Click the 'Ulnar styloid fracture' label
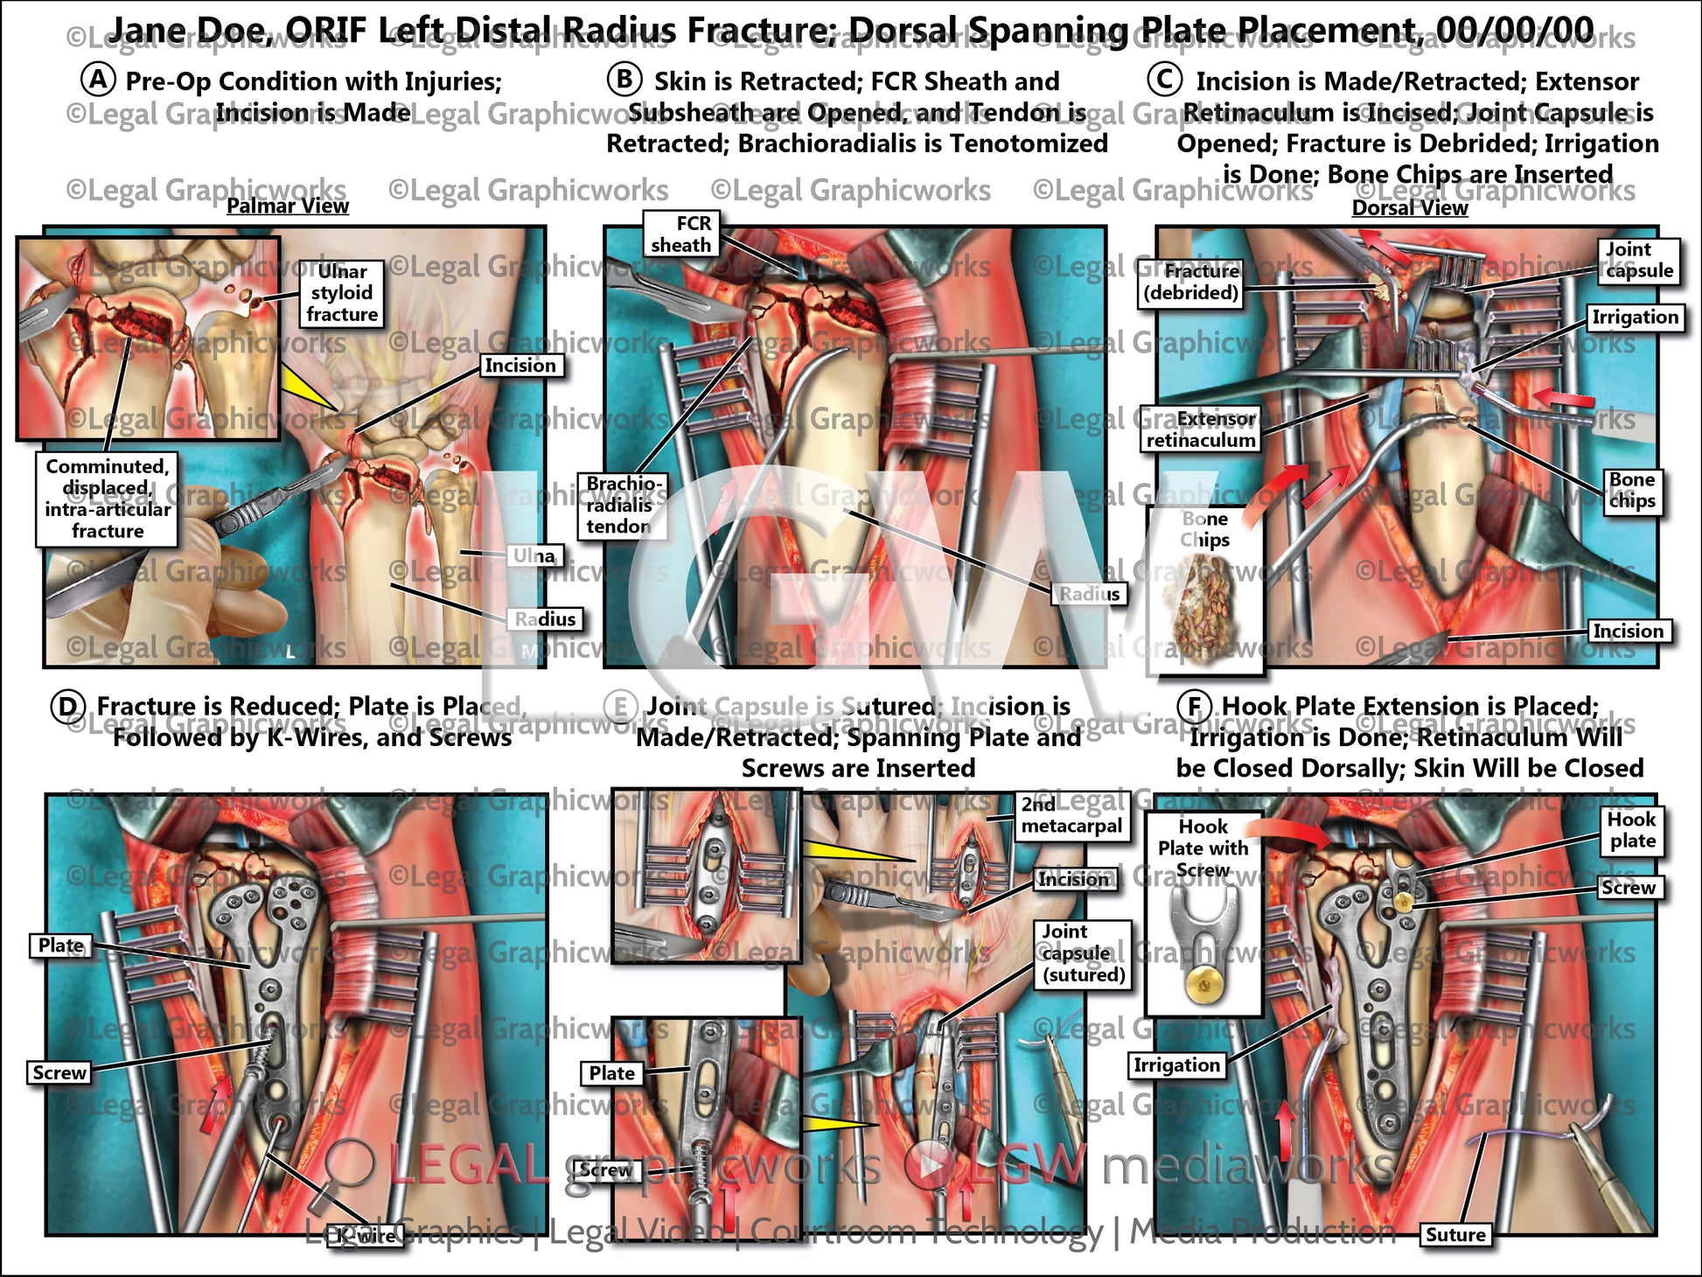tap(341, 293)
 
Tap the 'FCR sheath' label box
tap(681, 234)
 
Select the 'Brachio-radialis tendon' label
tap(620, 506)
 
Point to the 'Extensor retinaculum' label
tap(1201, 429)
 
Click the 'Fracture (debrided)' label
tap(1191, 283)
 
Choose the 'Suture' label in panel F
tap(1455, 1234)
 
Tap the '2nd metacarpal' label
tap(1071, 815)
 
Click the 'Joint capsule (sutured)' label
tap(1083, 953)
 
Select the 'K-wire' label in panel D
tap(366, 1236)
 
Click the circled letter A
tap(99, 80)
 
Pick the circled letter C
tap(1164, 80)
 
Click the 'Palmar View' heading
tap(288, 206)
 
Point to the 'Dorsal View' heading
tap(1410, 208)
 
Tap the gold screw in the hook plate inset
tap(1203, 987)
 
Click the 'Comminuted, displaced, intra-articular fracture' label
tap(108, 499)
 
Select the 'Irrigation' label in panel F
tap(1175, 1065)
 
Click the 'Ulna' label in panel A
tap(534, 556)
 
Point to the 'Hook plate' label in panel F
tap(1632, 830)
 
